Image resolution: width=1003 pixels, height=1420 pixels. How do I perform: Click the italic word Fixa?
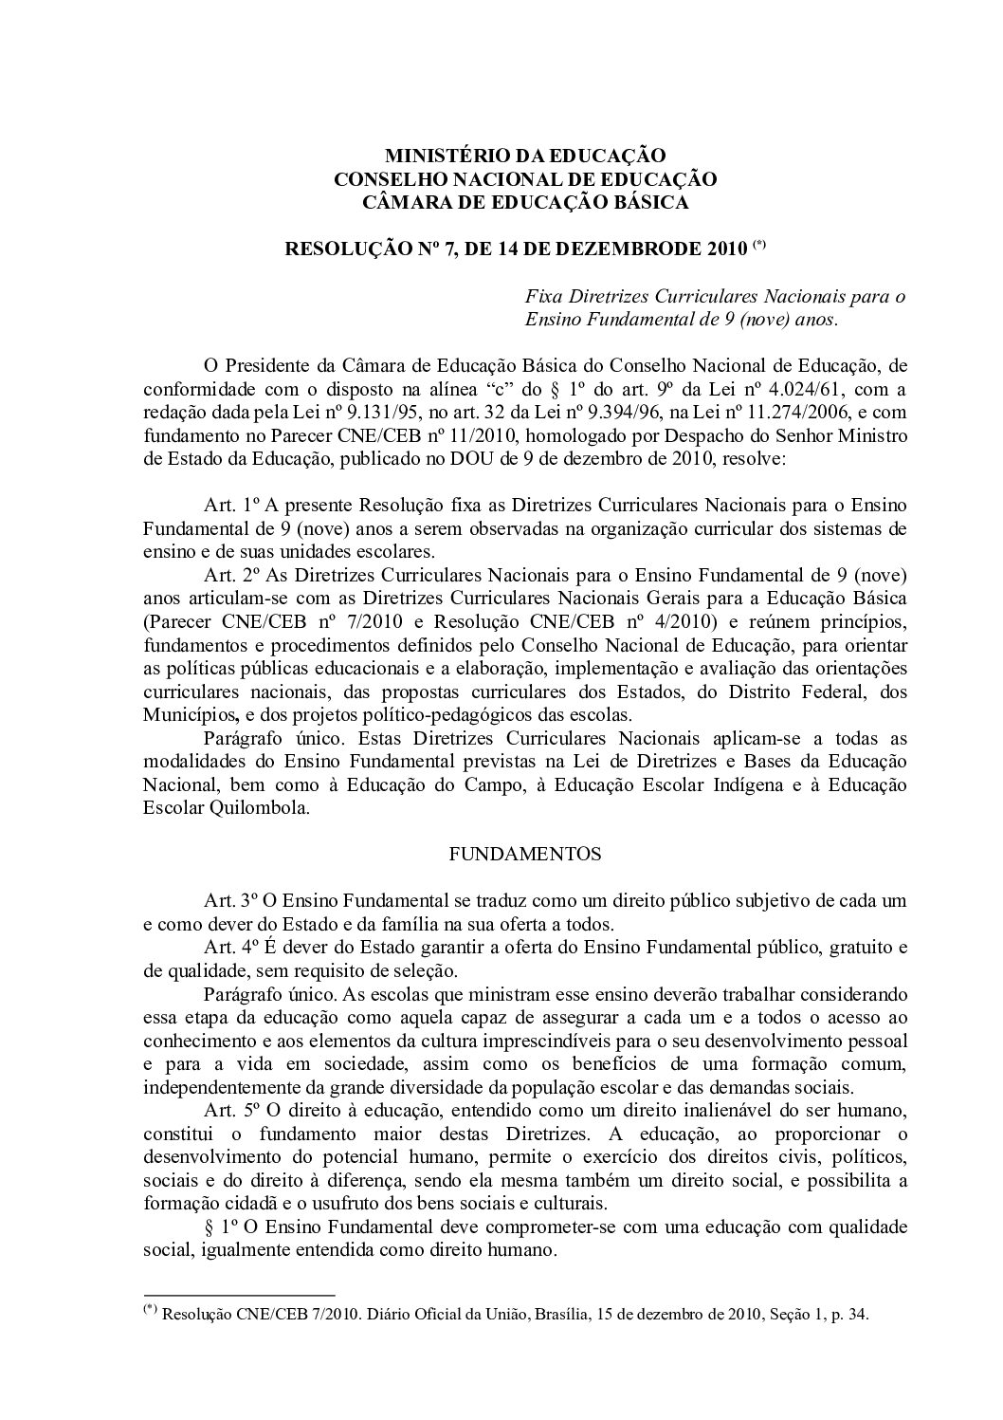[x=544, y=297]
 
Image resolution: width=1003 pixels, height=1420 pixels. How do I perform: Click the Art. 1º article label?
[x=226, y=503]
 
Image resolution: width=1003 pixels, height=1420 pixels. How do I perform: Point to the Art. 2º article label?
[x=226, y=575]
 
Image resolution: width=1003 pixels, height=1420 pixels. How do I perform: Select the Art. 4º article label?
[x=226, y=947]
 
